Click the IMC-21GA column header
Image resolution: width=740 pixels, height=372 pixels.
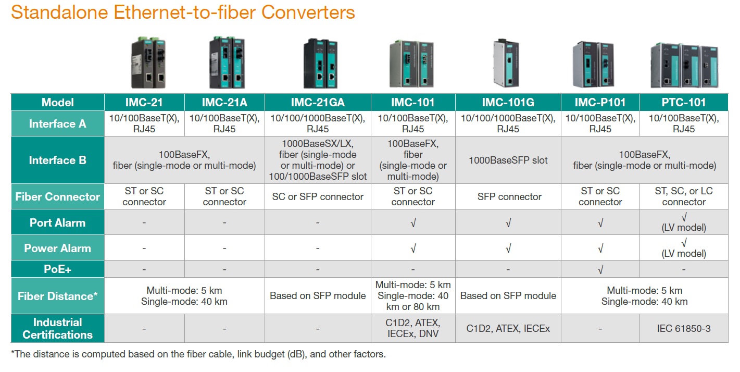pyautogui.click(x=318, y=102)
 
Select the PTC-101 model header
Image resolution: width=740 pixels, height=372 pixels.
pyautogui.click(x=683, y=102)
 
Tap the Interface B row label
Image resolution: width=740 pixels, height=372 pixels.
pyautogui.click(x=57, y=160)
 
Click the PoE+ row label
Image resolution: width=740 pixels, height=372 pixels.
pyautogui.click(x=57, y=269)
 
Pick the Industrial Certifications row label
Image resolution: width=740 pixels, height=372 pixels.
pyautogui.click(x=57, y=328)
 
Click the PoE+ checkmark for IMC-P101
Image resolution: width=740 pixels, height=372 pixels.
pyautogui.click(x=600, y=269)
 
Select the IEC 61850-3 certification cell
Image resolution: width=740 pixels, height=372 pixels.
pyautogui.click(x=683, y=329)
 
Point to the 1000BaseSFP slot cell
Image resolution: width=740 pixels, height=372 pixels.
pyautogui.click(x=508, y=160)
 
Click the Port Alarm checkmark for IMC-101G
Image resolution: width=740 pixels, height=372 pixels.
pyautogui.click(x=508, y=223)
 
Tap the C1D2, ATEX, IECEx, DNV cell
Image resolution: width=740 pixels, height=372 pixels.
pyautogui.click(x=413, y=328)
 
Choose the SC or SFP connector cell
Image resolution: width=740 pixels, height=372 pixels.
pyautogui.click(x=318, y=196)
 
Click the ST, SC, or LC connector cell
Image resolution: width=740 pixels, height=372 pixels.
pyautogui.click(x=683, y=196)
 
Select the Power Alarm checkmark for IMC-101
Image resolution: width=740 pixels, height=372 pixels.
pyautogui.click(x=413, y=249)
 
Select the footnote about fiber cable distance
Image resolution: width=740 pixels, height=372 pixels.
pyautogui.click(x=198, y=354)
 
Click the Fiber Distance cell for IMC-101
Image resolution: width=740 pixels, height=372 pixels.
pyautogui.click(x=413, y=295)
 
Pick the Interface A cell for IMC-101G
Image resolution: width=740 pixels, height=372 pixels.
pyautogui.click(x=508, y=123)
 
